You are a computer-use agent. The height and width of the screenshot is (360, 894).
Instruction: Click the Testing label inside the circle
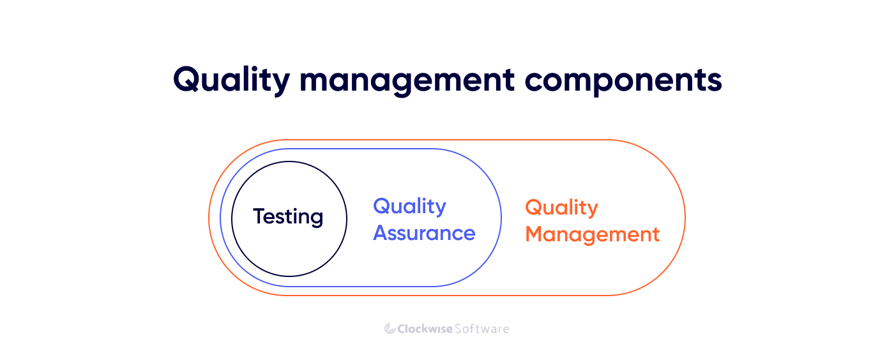coord(288,217)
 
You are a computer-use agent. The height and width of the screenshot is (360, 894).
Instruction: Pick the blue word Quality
coord(409,207)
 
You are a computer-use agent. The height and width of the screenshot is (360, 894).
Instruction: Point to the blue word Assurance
coord(424,233)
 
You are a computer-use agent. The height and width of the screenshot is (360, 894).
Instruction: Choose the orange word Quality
coord(561,208)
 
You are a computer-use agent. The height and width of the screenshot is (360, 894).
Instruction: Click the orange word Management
coord(592,234)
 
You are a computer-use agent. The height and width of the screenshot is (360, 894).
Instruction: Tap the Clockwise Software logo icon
coord(390,329)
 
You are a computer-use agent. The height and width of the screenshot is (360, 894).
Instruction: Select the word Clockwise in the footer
coord(425,329)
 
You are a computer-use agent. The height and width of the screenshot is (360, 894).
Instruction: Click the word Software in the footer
coord(482,329)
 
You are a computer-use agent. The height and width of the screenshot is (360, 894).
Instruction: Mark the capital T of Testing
coord(259,216)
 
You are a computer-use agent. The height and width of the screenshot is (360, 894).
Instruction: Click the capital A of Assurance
coord(381,233)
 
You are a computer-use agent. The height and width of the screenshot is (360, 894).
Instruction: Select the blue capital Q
coord(382,207)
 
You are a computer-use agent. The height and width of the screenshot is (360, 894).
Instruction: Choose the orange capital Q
coord(534,208)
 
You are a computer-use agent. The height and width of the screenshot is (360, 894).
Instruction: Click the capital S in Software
coord(458,329)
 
